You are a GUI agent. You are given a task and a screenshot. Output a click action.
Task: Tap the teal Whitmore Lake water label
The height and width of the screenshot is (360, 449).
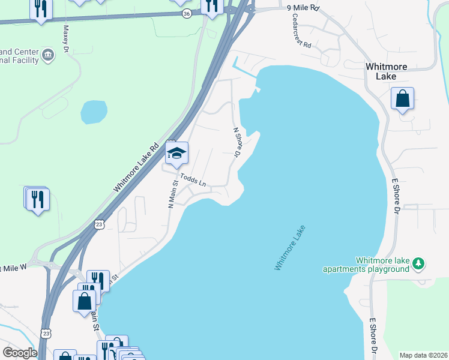coord(290,247)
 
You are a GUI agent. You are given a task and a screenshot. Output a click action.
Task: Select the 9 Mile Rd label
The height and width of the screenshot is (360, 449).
coord(301,7)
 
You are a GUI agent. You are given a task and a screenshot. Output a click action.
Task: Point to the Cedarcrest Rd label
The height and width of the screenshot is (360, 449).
coord(298,37)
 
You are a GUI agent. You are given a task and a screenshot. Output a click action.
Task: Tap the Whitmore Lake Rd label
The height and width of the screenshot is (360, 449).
coord(136,168)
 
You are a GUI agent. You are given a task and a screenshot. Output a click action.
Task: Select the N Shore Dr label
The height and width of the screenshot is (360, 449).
coord(237,143)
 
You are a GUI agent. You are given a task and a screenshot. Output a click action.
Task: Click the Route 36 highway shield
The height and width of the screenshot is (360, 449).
coord(187,13)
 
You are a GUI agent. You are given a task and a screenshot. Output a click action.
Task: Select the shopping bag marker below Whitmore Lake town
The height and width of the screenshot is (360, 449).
coord(402,99)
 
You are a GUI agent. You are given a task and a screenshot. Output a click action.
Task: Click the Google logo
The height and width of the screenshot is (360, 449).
coord(20,353)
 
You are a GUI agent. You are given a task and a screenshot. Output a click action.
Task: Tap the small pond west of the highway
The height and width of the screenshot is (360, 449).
coord(94,112)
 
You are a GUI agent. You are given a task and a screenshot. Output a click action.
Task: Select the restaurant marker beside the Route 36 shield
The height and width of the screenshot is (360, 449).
coord(211,7)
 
